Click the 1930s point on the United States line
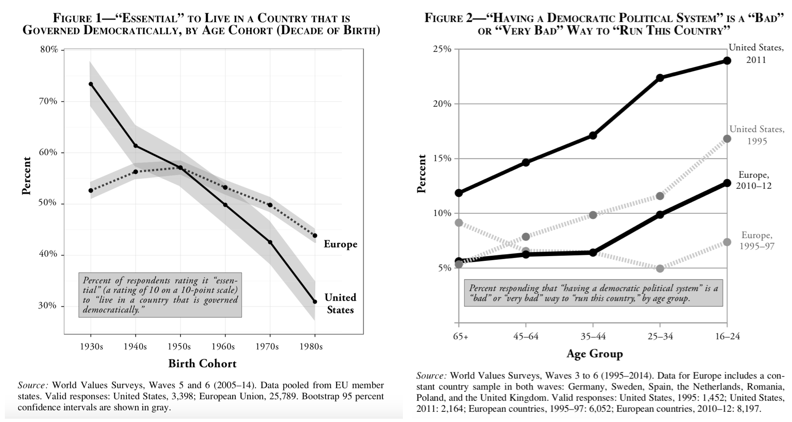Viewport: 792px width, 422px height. click(x=90, y=84)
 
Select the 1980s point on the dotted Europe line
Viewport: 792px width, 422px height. click(x=315, y=235)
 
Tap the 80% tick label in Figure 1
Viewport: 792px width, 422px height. click(x=49, y=50)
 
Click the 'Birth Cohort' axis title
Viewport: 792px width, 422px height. click(x=202, y=363)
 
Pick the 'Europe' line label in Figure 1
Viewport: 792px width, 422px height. click(x=340, y=244)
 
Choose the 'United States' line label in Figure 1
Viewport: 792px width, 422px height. click(x=340, y=304)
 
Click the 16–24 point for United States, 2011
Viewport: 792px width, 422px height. click(x=727, y=60)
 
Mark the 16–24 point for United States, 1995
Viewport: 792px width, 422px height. click(x=727, y=139)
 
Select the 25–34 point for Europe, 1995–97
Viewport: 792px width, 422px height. click(x=660, y=268)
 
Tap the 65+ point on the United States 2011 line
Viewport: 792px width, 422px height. click(x=459, y=193)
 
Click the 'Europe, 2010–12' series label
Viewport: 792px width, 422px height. click(x=753, y=180)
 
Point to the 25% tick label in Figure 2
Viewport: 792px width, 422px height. click(x=443, y=49)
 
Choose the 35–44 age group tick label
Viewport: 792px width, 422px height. click(x=593, y=336)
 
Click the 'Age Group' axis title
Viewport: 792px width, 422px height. click(x=594, y=354)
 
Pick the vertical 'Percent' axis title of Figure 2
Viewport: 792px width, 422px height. click(x=422, y=173)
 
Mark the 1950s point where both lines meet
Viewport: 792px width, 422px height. click(x=180, y=167)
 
